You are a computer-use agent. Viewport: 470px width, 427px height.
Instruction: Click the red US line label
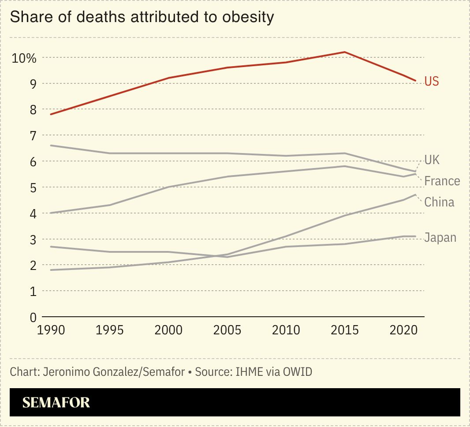(x=431, y=81)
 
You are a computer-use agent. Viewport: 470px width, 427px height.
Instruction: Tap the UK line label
(x=432, y=160)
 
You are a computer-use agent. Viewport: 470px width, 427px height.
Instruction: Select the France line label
(x=442, y=181)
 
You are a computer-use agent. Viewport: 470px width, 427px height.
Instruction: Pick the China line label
(x=439, y=202)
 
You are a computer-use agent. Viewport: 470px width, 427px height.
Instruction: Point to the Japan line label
(x=440, y=237)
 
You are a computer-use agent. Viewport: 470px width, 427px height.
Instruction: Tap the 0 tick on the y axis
(x=33, y=317)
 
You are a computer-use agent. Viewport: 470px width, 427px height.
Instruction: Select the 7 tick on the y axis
(x=33, y=135)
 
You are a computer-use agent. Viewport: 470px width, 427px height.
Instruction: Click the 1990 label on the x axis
(x=52, y=330)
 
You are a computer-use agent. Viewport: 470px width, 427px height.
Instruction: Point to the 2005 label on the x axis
(x=227, y=330)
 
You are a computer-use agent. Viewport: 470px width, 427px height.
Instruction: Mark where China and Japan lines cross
(x=219, y=256)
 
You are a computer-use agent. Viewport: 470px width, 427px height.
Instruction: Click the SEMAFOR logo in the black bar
(x=56, y=402)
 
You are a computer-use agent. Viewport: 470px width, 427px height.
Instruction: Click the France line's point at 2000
(x=168, y=187)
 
